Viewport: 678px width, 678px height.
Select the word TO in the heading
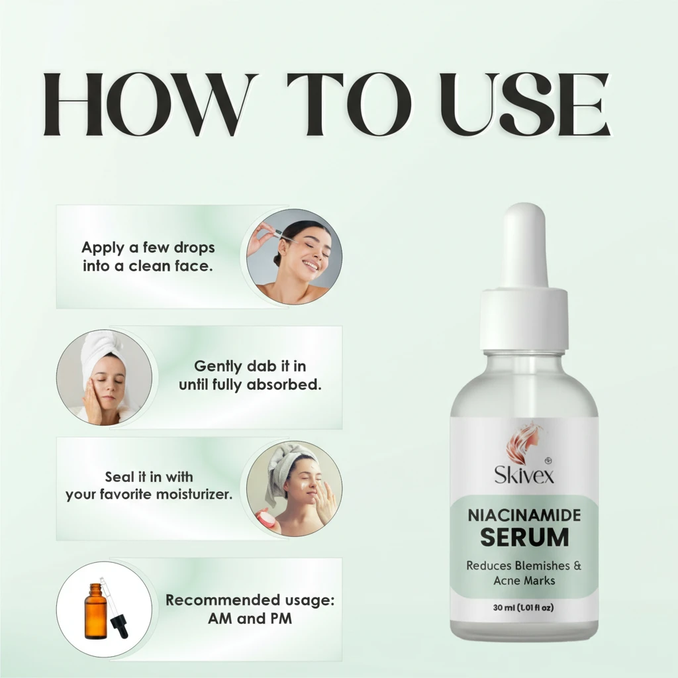pos(349,104)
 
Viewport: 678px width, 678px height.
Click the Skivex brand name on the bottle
pos(524,474)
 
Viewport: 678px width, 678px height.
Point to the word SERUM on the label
pos(524,537)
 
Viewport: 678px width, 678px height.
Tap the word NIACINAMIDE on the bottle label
pos(524,515)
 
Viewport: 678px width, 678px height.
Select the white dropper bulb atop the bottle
pos(524,245)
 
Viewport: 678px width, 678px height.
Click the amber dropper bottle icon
pos(95,611)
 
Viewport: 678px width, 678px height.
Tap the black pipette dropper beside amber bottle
pos(115,608)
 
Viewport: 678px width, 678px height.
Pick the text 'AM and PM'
pos(250,618)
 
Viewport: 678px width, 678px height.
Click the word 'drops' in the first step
pos(194,248)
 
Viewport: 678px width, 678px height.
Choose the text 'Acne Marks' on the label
pos(524,580)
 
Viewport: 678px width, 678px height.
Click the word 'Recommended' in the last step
pos(217,600)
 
